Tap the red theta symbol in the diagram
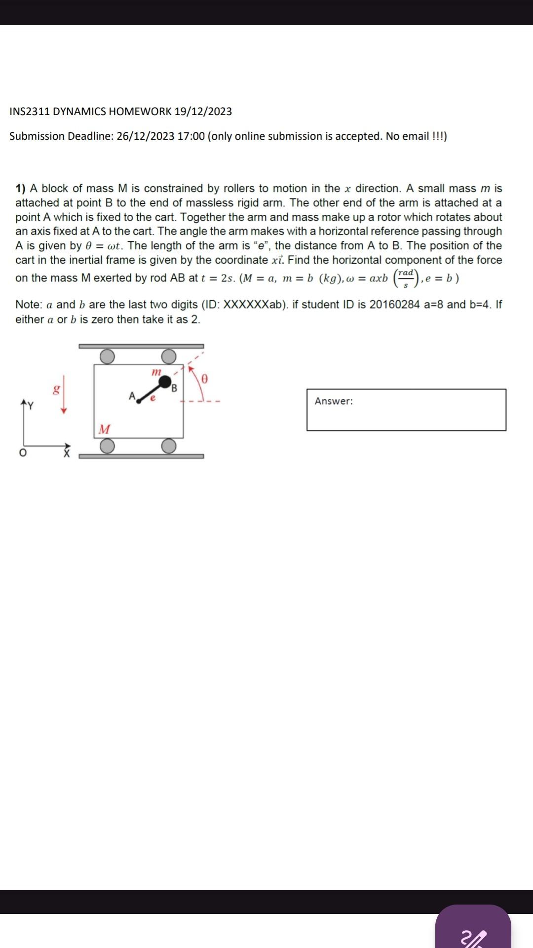204,379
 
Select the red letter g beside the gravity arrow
57,390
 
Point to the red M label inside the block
104,429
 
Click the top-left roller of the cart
107,356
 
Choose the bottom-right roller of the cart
169,446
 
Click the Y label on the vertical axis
31,406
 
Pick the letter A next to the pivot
132,396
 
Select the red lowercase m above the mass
156,371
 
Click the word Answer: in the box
334,401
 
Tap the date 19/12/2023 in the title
203,112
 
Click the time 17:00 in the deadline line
190,136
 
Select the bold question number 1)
21,189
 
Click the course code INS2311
30,112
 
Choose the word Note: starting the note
29,305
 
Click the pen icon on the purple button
473,937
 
